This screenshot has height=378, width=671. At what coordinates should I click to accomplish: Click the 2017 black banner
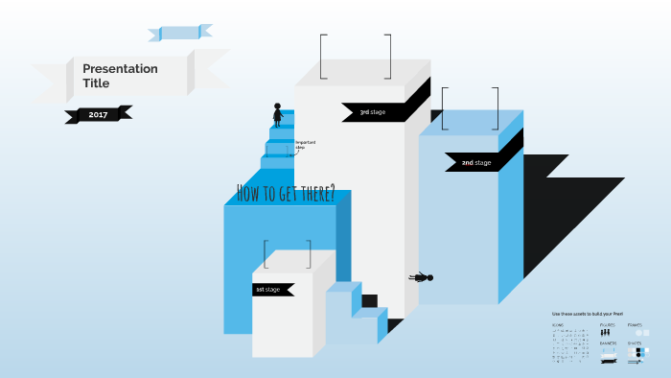click(98, 115)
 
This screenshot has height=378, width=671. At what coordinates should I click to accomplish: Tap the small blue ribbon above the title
click(179, 34)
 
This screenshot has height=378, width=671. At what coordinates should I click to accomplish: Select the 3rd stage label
click(372, 112)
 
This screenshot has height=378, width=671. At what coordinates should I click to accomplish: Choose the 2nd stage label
click(475, 163)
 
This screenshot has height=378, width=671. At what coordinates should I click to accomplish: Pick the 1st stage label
click(267, 289)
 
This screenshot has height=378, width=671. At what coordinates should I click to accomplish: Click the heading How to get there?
click(285, 194)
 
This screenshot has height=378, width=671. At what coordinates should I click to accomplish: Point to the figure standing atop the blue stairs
click(278, 115)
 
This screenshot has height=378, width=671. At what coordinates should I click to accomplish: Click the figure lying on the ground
click(422, 278)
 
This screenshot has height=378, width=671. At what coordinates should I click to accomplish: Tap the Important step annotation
click(306, 145)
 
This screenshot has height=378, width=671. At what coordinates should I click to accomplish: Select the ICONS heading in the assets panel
click(558, 325)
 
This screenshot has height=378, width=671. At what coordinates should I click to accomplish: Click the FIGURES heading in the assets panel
click(607, 325)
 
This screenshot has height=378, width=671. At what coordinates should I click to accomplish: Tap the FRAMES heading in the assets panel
click(635, 325)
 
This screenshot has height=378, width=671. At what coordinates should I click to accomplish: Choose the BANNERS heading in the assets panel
click(608, 343)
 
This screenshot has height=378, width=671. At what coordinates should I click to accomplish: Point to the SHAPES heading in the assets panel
click(635, 343)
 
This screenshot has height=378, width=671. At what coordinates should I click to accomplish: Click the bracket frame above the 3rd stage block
click(356, 56)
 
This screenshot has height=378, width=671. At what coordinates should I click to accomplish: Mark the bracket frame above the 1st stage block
click(288, 254)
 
